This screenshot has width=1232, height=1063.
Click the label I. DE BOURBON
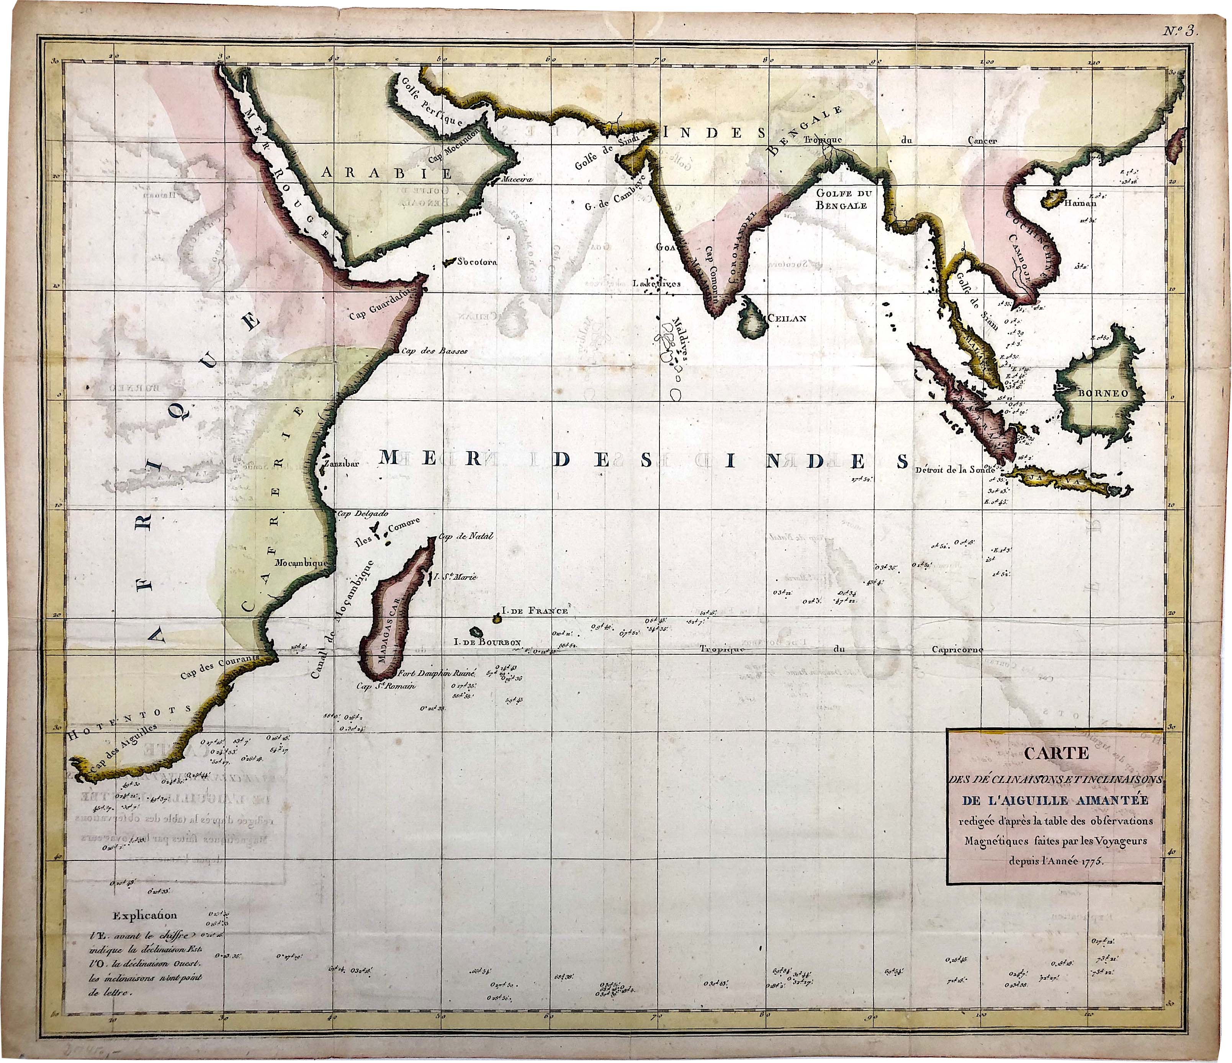(487, 642)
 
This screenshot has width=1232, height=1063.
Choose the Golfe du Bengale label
(841, 199)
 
